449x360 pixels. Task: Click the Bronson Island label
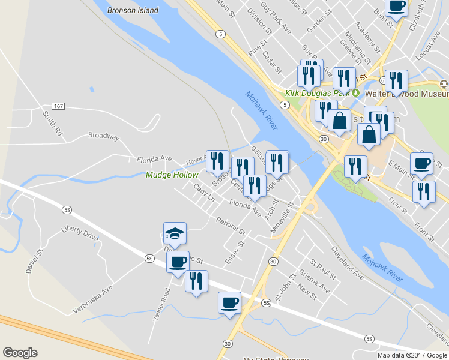133,10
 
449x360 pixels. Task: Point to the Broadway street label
103,136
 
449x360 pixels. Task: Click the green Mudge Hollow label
172,175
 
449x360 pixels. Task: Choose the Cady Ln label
204,193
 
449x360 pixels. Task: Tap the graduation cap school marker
175,233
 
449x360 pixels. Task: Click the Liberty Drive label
79,233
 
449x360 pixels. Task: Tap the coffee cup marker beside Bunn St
396,7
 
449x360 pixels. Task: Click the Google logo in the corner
20,353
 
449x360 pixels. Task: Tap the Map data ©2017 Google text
412,355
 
